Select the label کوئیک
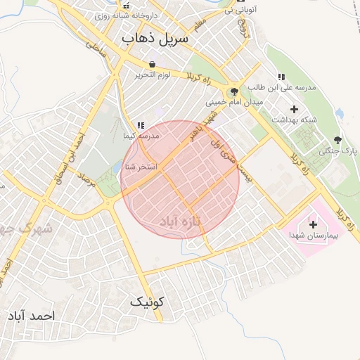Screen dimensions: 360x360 [x=146, y=302]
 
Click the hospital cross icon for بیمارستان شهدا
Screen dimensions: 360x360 [x=314, y=224]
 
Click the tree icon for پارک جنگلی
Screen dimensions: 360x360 [x=338, y=140]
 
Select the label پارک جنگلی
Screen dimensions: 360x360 [x=338, y=151]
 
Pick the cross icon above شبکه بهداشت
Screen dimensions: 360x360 [x=294, y=109]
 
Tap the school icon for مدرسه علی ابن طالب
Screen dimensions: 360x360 [x=281, y=77]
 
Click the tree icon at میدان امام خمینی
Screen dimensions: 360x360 [x=233, y=91]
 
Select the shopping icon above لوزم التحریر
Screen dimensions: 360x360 [x=152, y=64]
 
